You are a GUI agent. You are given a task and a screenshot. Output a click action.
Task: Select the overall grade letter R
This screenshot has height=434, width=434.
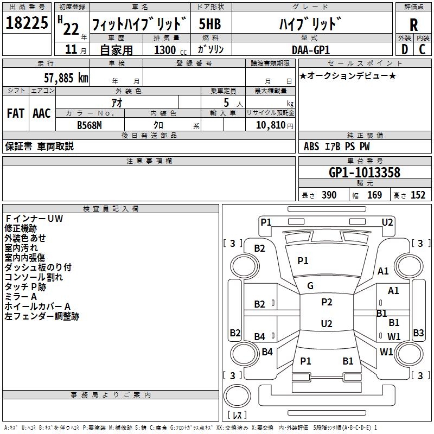(413, 24)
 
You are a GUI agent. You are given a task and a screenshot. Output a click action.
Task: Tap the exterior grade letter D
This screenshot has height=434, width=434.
(404, 49)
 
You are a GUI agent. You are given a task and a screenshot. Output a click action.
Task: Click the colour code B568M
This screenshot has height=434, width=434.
(90, 125)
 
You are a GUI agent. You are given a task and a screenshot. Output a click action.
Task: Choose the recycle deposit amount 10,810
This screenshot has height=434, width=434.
(270, 125)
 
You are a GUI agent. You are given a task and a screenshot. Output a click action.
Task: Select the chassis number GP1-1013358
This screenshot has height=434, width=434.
(365, 173)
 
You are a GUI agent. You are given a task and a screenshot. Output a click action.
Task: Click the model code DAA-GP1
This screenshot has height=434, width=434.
(309, 49)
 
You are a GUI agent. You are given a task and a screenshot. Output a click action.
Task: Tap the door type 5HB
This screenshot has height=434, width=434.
(210, 24)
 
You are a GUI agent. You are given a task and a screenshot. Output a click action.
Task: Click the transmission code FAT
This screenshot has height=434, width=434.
(16, 113)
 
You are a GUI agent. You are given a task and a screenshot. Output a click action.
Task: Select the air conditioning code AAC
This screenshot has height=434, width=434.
(42, 113)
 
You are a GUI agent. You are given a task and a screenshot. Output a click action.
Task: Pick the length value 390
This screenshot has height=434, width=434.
(329, 195)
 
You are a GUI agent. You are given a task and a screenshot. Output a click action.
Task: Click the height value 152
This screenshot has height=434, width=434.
(418, 195)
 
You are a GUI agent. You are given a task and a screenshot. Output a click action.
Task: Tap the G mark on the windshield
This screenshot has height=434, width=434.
(310, 286)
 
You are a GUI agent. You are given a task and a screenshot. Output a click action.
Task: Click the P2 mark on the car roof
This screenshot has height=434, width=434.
(327, 302)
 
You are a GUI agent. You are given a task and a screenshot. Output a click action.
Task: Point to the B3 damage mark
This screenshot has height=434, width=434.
(418, 333)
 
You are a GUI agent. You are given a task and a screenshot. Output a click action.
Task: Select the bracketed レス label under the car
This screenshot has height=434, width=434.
(237, 415)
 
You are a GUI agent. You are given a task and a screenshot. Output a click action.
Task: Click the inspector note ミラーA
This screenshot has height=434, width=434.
(21, 297)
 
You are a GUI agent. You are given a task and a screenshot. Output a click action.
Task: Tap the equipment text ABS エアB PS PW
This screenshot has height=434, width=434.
(337, 146)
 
